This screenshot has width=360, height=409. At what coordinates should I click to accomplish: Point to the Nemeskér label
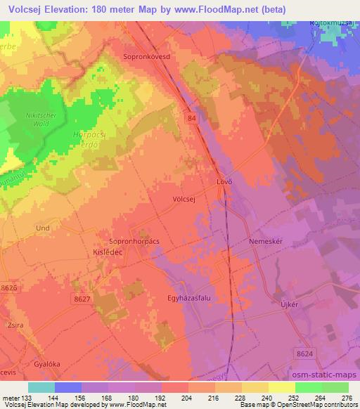click(x=264, y=241)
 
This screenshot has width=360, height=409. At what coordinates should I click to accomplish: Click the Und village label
click(x=42, y=228)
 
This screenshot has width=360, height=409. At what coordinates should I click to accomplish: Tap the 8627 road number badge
click(x=82, y=299)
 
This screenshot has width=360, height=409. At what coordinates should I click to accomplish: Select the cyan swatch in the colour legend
click(x=41, y=387)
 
